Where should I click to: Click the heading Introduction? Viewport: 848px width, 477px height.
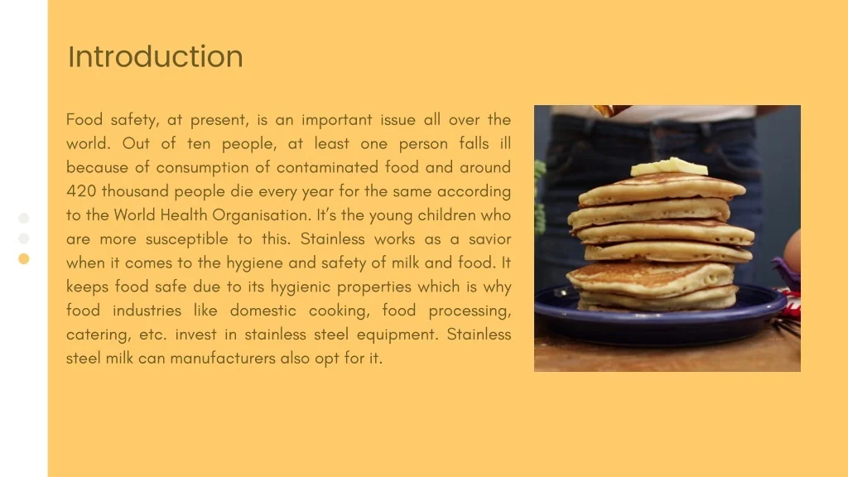point(156,56)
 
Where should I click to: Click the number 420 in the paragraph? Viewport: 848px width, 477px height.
point(81,191)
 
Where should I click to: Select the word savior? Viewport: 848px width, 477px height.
point(489,239)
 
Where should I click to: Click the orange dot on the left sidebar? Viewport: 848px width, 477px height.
point(24,258)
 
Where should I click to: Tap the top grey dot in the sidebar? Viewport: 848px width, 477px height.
point(24,218)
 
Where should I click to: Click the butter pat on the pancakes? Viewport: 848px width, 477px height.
point(669,167)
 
